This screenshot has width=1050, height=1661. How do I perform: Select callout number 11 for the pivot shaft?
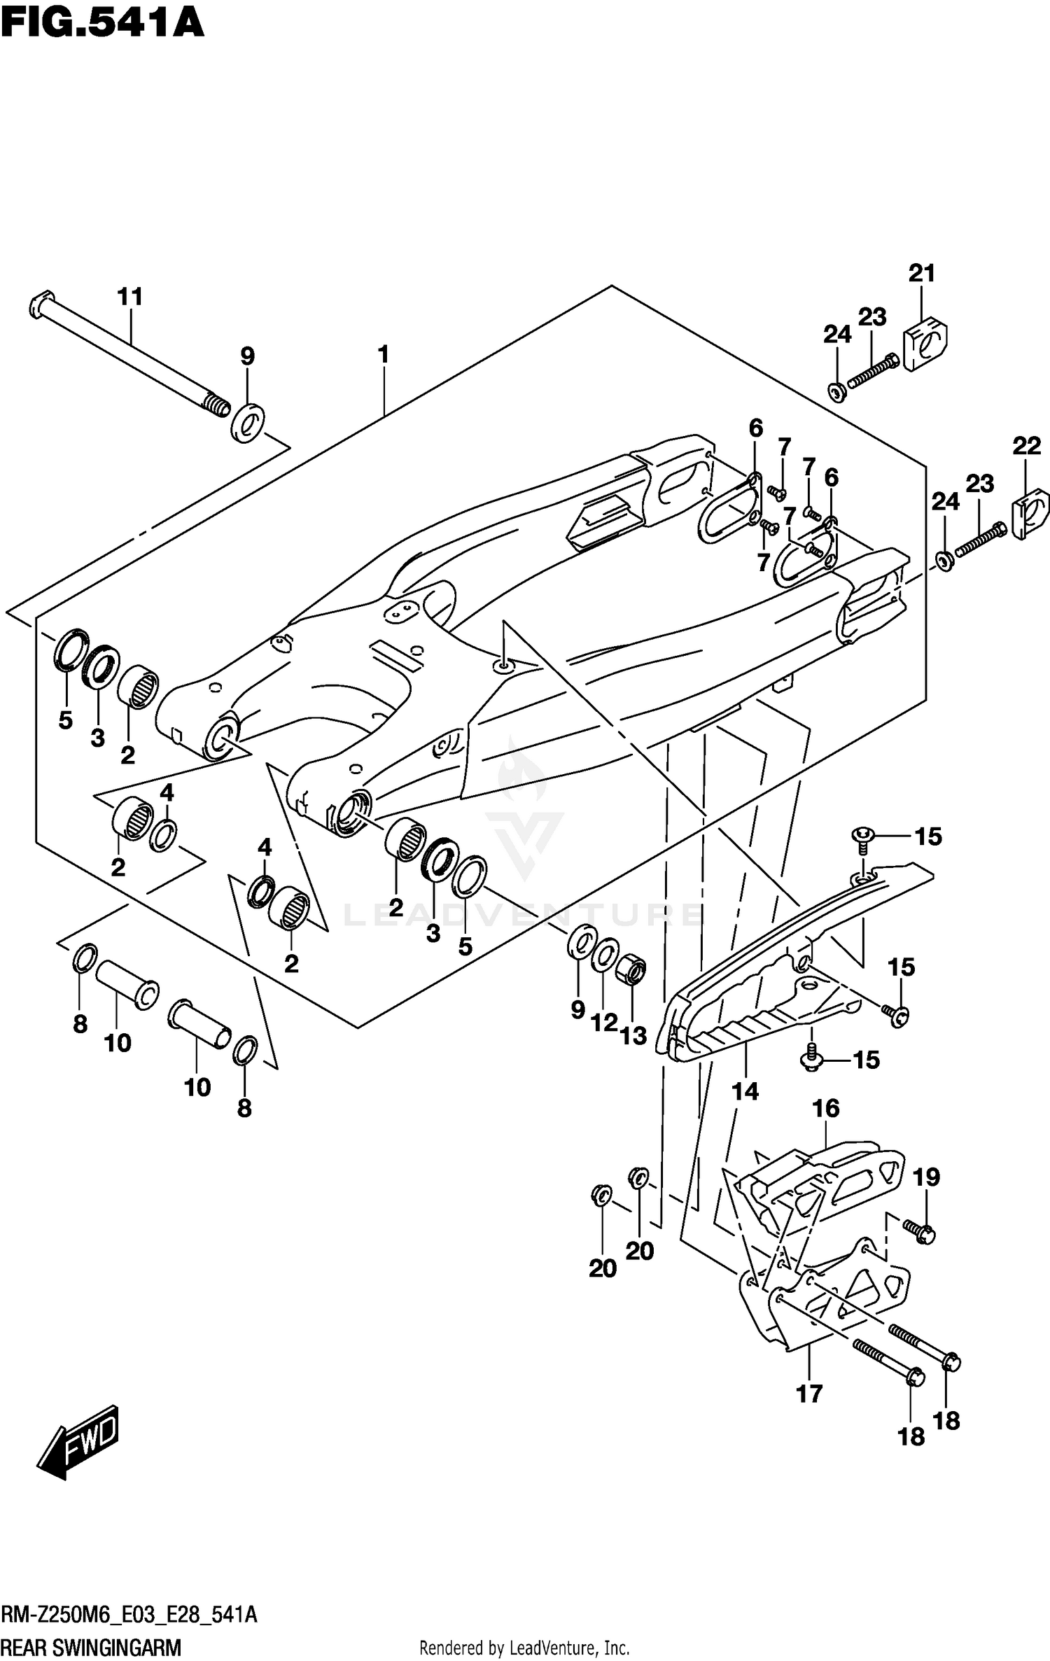[x=129, y=297]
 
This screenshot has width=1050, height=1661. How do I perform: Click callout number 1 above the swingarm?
[x=383, y=355]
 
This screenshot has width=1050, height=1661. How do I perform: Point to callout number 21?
[x=921, y=273]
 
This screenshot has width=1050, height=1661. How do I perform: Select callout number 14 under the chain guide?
[x=745, y=1091]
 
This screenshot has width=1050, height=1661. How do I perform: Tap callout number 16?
[x=826, y=1108]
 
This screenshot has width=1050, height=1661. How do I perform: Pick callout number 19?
[x=926, y=1177]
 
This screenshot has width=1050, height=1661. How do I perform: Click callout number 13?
[x=633, y=1036]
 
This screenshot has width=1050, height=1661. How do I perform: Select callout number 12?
[x=604, y=1023]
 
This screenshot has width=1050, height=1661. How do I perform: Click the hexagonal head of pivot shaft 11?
[x=40, y=305]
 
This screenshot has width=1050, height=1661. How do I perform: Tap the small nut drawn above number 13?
[x=631, y=970]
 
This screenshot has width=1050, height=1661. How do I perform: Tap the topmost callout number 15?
[x=928, y=836]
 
